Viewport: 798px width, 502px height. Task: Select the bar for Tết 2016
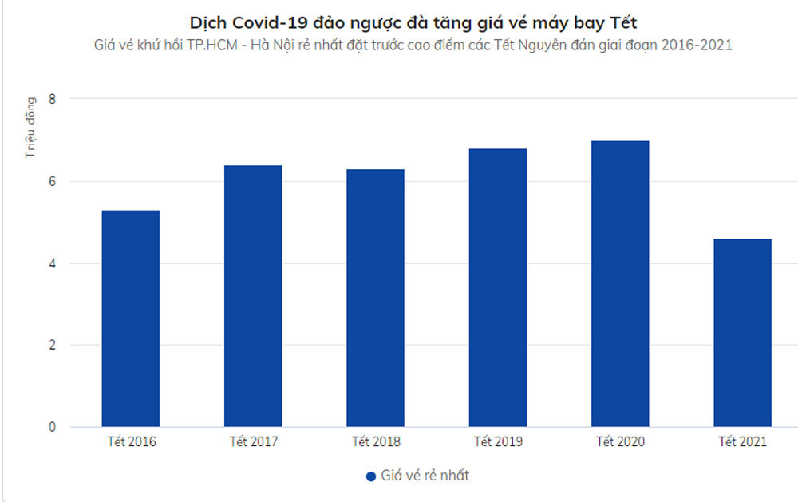(131, 318)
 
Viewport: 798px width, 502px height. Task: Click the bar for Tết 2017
(253, 296)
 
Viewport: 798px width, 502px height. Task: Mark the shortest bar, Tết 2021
(742, 333)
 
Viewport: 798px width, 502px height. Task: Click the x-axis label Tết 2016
(131, 441)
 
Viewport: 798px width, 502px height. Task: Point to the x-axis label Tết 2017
(253, 441)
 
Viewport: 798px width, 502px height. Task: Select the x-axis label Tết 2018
(375, 441)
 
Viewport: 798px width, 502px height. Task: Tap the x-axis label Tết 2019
(498, 441)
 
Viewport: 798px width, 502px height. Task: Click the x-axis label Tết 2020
(620, 441)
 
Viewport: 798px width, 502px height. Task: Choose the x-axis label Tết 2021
(742, 441)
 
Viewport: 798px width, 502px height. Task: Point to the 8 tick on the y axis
(52, 99)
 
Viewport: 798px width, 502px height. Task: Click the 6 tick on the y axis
(52, 181)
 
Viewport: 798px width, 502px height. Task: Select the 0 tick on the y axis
(52, 427)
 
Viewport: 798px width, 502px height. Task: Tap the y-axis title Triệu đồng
(30, 127)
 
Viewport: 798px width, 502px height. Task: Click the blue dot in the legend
(370, 476)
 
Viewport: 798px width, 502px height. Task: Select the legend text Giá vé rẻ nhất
(424, 476)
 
